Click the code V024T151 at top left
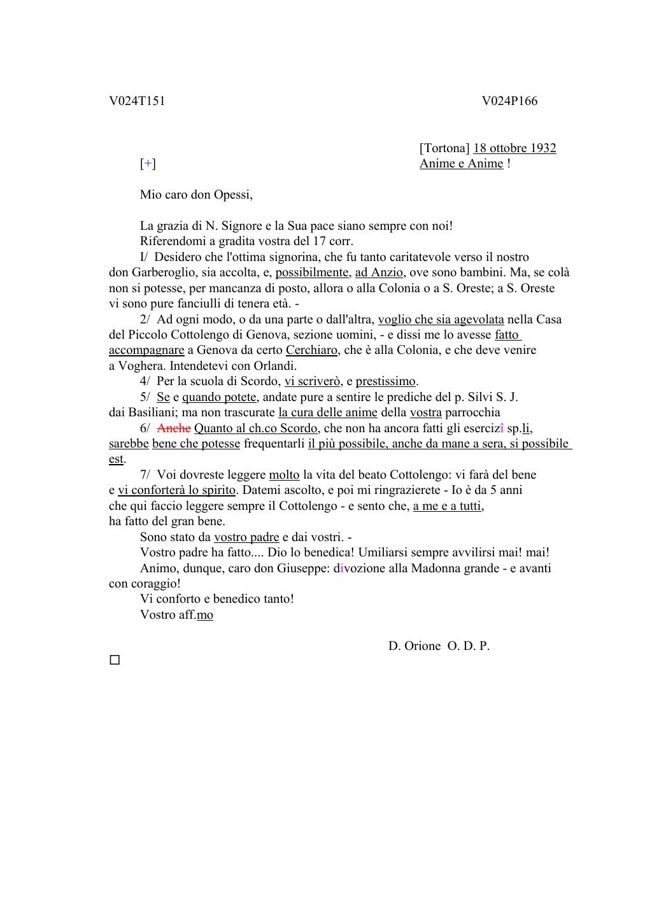click(137, 101)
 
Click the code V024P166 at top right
click(509, 101)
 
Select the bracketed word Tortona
click(444, 148)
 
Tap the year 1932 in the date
click(542, 148)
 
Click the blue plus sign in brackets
click(148, 164)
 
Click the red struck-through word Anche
click(174, 428)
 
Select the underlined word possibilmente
click(312, 272)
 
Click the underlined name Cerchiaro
click(311, 350)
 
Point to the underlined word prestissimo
click(385, 381)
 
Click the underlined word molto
click(284, 475)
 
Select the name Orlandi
click(276, 366)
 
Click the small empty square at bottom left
click(115, 660)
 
